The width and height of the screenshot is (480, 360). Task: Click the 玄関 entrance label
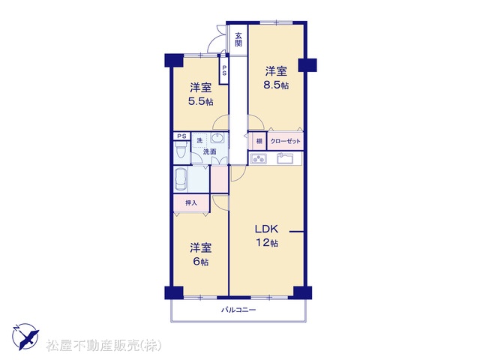tap(238, 39)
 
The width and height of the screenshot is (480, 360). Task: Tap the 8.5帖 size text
tap(276, 85)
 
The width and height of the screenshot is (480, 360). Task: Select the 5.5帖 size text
tap(201, 101)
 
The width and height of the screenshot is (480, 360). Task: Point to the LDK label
tap(267, 229)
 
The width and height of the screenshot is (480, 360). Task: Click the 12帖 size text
tap(267, 243)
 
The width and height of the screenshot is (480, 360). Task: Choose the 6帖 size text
tap(201, 262)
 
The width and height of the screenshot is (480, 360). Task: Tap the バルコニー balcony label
tap(238, 310)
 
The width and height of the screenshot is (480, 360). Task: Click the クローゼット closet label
tap(285, 141)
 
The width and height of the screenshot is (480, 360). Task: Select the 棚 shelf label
tap(259, 141)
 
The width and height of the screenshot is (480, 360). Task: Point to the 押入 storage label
tap(191, 202)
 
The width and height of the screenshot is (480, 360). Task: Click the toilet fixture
tap(181, 151)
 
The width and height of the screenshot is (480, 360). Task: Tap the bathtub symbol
tap(181, 179)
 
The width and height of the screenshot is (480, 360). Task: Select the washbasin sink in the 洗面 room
tap(217, 138)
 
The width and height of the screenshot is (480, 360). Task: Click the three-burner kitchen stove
tap(259, 158)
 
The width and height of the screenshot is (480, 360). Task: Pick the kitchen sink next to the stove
tap(285, 158)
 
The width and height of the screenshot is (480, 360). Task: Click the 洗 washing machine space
tap(199, 140)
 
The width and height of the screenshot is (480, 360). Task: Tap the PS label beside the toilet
tap(181, 136)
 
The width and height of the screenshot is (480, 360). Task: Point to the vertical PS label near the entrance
tap(224, 70)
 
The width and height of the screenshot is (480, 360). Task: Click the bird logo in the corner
tap(25, 337)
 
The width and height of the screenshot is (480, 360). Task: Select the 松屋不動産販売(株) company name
tap(103, 346)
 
